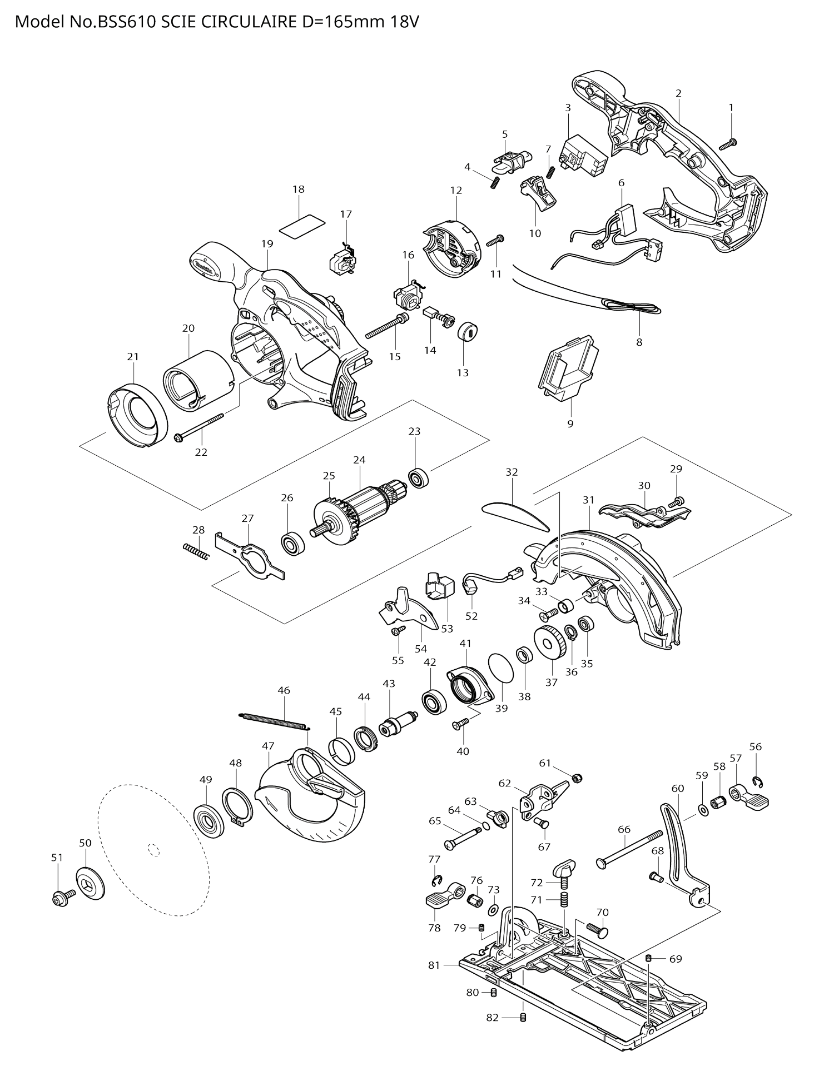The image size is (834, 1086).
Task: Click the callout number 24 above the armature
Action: [359, 460]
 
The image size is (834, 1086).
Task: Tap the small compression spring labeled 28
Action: [196, 552]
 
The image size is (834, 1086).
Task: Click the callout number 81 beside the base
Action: [434, 965]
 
